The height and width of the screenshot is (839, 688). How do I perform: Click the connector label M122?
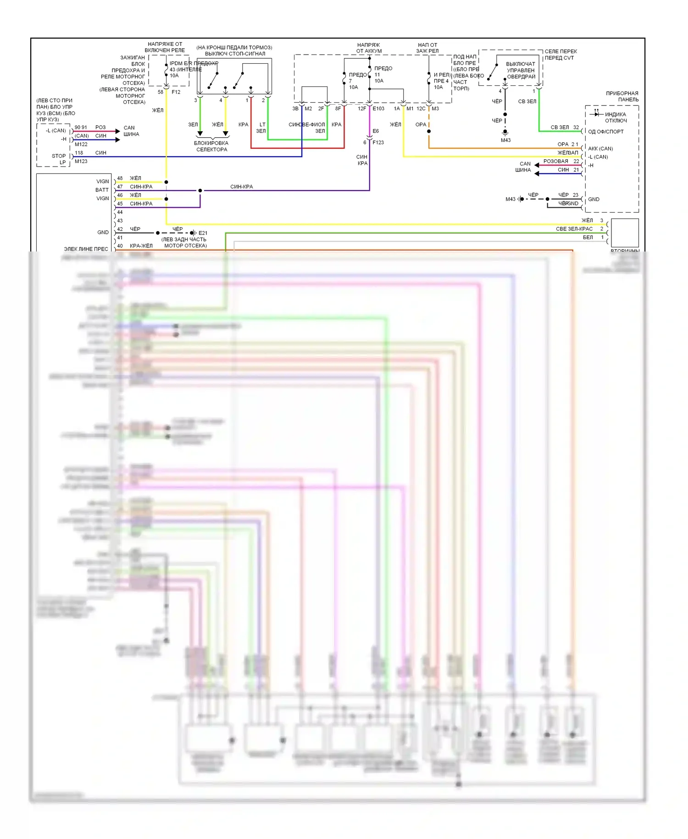pyautogui.click(x=81, y=144)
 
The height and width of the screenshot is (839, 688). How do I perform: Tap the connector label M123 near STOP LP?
pyautogui.click(x=81, y=161)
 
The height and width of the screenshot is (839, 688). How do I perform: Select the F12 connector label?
pyautogui.click(x=176, y=92)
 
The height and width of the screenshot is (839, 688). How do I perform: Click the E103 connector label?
pyautogui.click(x=378, y=109)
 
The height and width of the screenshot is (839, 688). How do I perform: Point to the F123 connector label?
pyautogui.click(x=378, y=142)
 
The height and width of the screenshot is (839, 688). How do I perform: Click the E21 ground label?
pyautogui.click(x=203, y=233)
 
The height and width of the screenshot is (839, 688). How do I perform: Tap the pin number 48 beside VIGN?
pyautogui.click(x=120, y=178)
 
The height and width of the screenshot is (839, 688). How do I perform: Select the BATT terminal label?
pyautogui.click(x=102, y=190)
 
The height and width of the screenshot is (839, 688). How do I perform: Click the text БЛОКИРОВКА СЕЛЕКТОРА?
pyautogui.click(x=211, y=146)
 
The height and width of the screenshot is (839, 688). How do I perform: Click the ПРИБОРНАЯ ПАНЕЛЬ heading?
pyautogui.click(x=622, y=96)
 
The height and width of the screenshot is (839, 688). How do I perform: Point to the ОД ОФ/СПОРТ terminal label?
pyautogui.click(x=606, y=132)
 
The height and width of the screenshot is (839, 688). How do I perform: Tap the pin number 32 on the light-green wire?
pyautogui.click(x=576, y=127)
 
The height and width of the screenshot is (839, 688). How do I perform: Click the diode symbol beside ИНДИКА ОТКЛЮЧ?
pyautogui.click(x=596, y=112)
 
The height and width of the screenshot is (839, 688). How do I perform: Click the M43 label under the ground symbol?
pyautogui.click(x=505, y=140)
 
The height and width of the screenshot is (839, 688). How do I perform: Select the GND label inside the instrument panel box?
pyautogui.click(x=594, y=199)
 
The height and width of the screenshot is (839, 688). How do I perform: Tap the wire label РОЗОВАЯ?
pyautogui.click(x=555, y=161)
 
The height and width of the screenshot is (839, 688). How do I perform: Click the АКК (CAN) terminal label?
pyautogui.click(x=600, y=149)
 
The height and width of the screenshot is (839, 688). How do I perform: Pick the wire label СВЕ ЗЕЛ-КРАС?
pyautogui.click(x=574, y=229)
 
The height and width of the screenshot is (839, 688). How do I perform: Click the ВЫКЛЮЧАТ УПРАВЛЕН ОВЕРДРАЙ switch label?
pyautogui.click(x=521, y=70)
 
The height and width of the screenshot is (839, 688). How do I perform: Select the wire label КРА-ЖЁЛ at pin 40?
pyautogui.click(x=141, y=246)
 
